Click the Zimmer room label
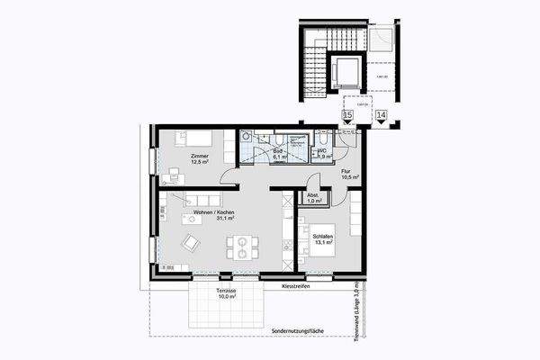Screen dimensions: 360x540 tap(199, 157)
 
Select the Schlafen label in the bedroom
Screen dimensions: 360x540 tap(323, 237)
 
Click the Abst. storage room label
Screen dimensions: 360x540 tap(313, 195)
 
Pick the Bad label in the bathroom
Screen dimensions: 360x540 tap(280, 152)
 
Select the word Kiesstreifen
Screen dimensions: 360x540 tap(295, 286)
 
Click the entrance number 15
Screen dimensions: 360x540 tap(347, 115)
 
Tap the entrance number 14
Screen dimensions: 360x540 tap(381, 115)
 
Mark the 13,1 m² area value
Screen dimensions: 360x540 tap(323, 244)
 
